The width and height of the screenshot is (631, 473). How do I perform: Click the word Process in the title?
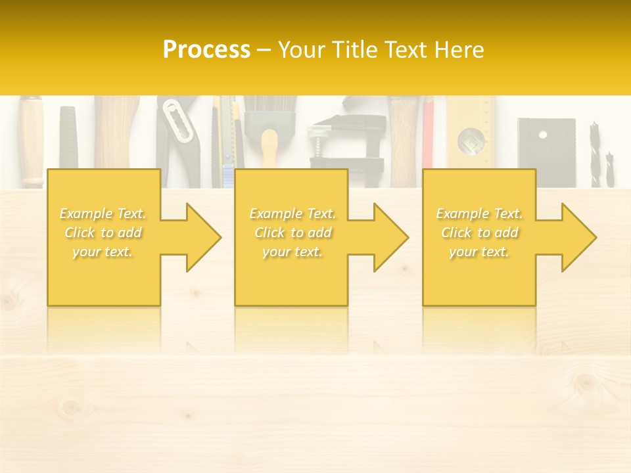coord(206,50)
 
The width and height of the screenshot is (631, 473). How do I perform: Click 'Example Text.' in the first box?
coord(103,214)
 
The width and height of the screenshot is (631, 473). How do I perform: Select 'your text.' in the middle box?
coord(292,252)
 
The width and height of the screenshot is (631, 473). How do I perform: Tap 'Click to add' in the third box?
coord(479,233)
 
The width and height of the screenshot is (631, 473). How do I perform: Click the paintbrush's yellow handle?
coord(269,148)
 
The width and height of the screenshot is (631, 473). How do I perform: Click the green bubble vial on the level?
coord(471,140)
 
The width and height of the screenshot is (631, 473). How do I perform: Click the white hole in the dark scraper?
coord(542,135)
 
